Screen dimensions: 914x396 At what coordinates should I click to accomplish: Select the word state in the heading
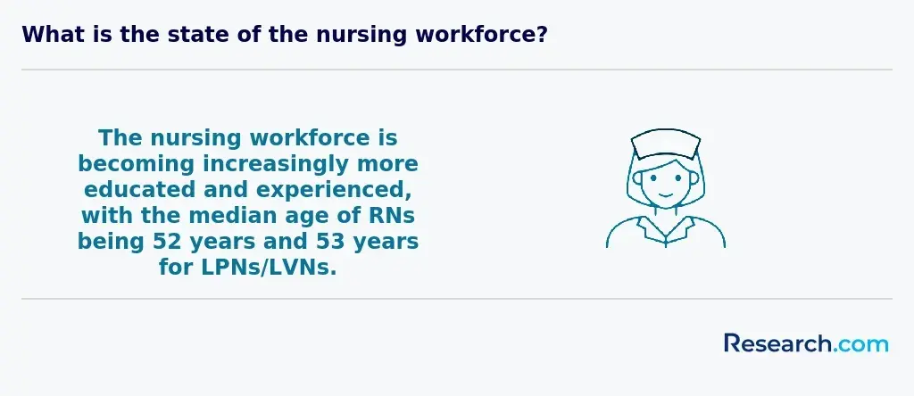pos(199,35)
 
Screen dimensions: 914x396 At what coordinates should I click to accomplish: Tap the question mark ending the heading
pos(542,35)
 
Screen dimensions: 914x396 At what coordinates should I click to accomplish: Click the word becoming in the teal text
pos(136,165)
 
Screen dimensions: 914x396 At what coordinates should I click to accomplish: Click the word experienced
pos(336,191)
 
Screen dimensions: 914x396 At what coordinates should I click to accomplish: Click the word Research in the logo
pos(777,343)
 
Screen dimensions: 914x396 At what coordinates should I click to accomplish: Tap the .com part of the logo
pos(860,344)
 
